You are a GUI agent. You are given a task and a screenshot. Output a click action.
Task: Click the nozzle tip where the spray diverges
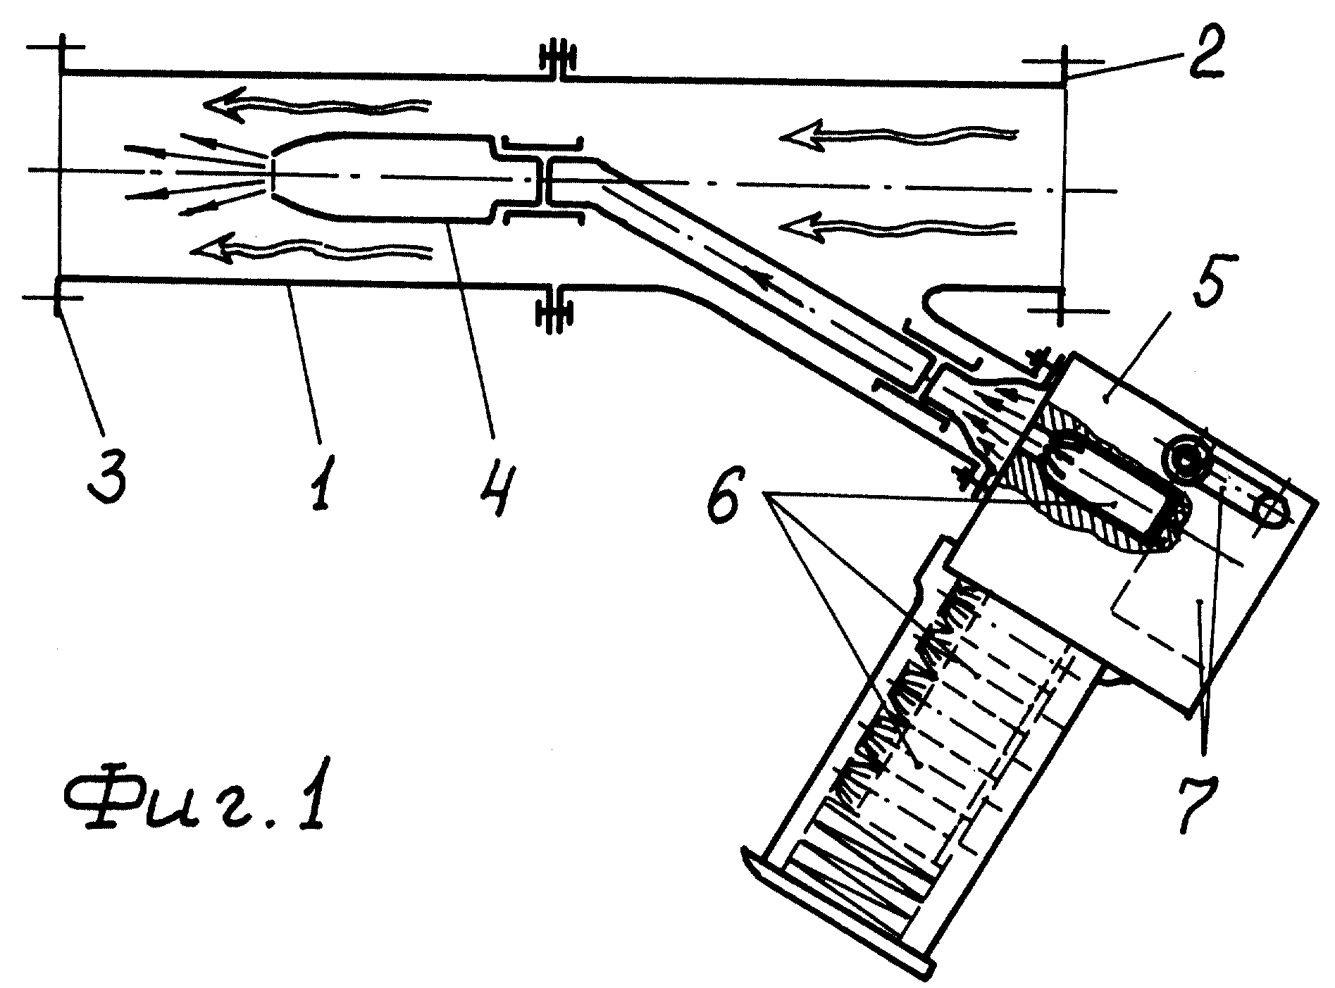coord(272,173)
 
